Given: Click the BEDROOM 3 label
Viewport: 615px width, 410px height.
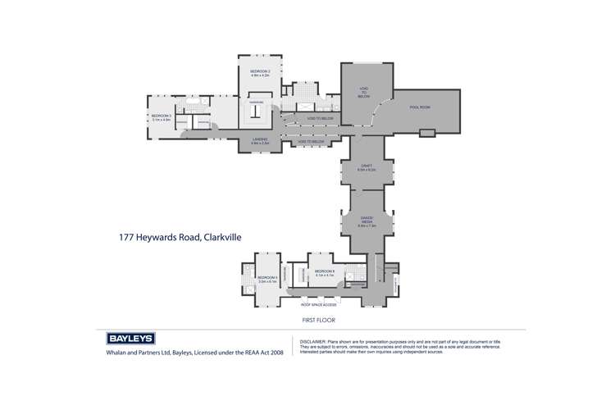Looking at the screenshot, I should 161,116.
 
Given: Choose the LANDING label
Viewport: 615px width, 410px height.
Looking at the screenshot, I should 261,140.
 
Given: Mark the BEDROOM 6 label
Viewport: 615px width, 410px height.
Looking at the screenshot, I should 325,271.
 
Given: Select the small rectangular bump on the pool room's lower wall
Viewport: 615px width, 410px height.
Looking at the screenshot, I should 426,134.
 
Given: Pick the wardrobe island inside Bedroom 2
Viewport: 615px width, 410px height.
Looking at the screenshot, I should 256,112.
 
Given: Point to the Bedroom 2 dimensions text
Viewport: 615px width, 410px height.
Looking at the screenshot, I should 261,75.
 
